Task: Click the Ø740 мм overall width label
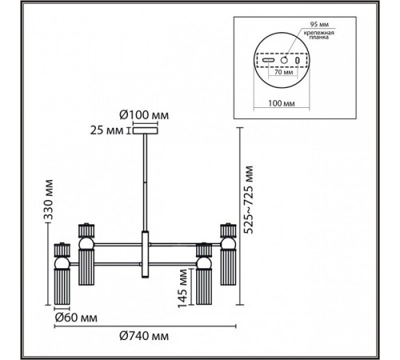144,336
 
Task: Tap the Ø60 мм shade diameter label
76,318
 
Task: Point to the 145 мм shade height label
182,288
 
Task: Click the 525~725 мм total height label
249,199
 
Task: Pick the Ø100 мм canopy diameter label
144,115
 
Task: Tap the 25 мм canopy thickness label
107,130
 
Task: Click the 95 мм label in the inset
319,25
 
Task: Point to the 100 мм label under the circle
282,103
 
